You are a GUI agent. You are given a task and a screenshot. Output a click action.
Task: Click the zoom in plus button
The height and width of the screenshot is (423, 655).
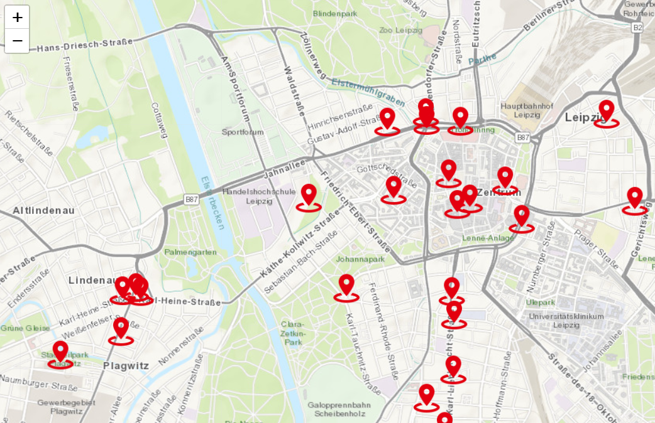coord(17,18)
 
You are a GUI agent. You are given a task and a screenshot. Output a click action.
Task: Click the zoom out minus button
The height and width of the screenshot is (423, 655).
coord(17,41)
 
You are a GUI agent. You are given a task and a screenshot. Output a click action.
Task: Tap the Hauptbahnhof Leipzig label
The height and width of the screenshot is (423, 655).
coord(526,110)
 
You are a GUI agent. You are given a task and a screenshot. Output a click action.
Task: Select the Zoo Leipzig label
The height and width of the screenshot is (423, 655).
coord(400,29)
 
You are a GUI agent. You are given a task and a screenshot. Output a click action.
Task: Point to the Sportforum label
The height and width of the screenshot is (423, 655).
coord(242,132)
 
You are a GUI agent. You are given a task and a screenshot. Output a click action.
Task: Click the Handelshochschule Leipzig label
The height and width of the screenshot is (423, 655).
coord(259,196)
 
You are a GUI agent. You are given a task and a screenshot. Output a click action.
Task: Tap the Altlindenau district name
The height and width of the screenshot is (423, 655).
coord(43,211)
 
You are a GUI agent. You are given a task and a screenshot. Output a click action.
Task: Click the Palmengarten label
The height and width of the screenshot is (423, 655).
coord(190,252)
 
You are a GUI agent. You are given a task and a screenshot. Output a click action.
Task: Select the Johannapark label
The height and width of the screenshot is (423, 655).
coord(360,259)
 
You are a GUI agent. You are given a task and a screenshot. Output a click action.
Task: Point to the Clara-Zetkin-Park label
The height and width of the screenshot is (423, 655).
coord(293,333)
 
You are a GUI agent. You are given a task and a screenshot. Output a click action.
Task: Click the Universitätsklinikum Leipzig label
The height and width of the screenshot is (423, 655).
coord(566,320)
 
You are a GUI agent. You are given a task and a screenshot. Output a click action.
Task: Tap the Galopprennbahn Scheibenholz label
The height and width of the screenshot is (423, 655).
coord(339,409)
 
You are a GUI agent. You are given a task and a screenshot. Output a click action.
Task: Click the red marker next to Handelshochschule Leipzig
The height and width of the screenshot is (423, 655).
coord(309,196)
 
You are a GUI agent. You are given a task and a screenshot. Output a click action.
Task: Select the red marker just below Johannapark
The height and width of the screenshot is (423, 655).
coord(346,286)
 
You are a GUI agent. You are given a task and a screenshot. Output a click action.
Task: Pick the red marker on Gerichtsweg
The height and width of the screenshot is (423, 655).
coord(635,199)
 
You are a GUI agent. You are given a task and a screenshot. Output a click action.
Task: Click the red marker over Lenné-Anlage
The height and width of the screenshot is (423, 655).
coord(522,217)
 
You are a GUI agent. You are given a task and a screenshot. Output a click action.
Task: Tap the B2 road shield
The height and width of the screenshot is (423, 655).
coord(637,28)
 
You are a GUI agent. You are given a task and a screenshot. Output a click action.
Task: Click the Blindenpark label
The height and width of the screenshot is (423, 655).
coord(334,13)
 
